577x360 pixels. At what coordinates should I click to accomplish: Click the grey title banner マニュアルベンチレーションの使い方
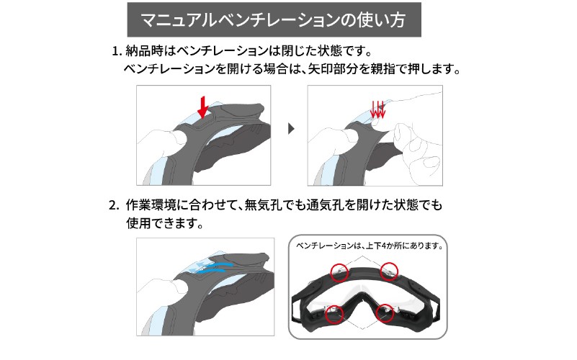274,19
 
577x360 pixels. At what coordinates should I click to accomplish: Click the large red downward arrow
202,107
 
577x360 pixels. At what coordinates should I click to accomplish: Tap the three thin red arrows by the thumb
377,109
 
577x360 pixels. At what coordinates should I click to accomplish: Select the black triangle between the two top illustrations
291,129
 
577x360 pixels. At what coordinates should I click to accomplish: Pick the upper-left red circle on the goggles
339,272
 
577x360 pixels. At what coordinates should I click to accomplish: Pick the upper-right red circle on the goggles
389,271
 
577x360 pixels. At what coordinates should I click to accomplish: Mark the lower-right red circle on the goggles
385,313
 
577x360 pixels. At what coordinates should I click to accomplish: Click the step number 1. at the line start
116,51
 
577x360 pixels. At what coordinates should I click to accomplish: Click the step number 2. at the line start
114,205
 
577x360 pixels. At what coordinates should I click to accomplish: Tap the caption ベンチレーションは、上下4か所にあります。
370,246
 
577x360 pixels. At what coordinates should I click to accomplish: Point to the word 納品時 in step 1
144,50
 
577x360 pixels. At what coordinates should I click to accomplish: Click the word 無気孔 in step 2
263,204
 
